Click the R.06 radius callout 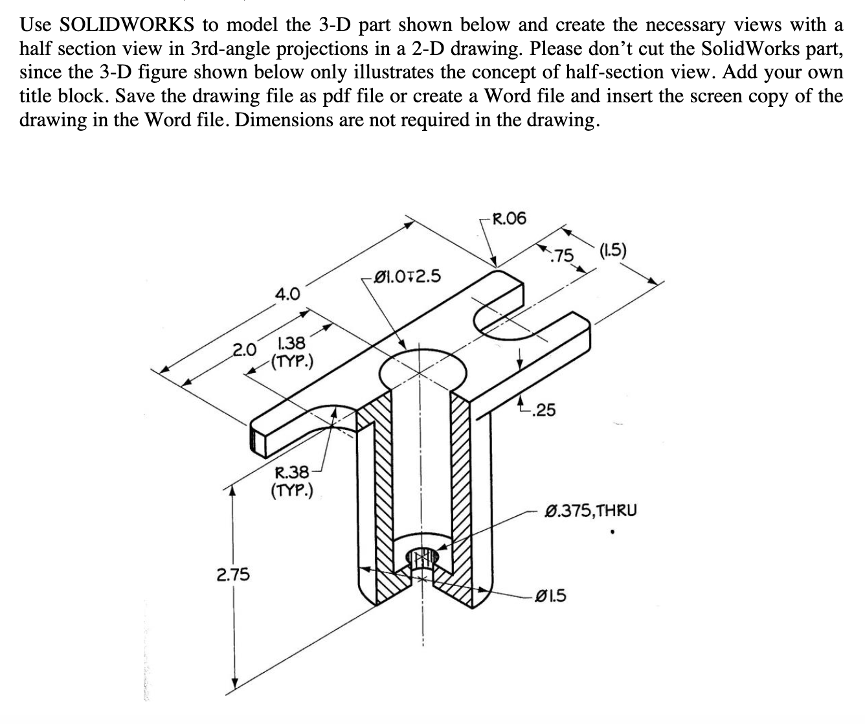[510, 219]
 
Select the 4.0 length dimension [287, 295]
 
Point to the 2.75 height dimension [233, 574]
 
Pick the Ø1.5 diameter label [551, 594]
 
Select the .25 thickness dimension [543, 409]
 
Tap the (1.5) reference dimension [613, 251]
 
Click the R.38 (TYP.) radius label [291, 481]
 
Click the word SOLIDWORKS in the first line [127, 25]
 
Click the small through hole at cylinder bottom [421, 556]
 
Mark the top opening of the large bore [422, 369]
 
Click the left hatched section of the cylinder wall [376, 492]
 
